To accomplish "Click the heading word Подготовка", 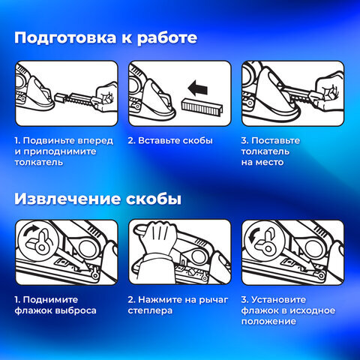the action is click(65, 38).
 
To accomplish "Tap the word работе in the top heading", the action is click(167, 38).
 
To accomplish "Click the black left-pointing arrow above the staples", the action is click(198, 88).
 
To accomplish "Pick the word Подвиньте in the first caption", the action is click(48, 141).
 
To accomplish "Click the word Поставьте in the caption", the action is click(275, 140).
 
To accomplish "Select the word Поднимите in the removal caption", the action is click(50, 300).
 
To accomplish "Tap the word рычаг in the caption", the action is click(214, 300).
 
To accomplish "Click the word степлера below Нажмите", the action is click(150, 311).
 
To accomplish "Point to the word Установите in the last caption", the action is click(278, 299).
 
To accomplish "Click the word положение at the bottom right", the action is click(268, 322).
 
